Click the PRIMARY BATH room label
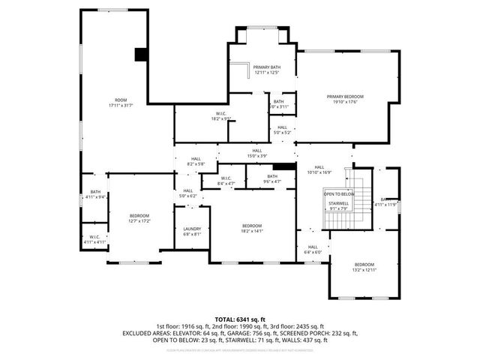pyautogui.click(x=266, y=67)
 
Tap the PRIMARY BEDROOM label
pyautogui.click(x=344, y=96)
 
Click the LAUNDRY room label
pyautogui.click(x=191, y=229)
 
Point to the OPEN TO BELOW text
pyautogui.click(x=339, y=193)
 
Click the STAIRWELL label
pyautogui.click(x=339, y=203)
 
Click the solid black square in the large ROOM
pyautogui.click(x=139, y=54)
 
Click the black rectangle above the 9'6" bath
pyautogui.click(x=282, y=166)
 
